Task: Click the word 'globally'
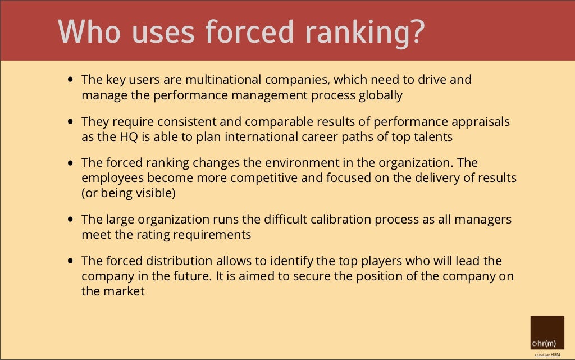(380, 95)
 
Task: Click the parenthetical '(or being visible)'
(129, 193)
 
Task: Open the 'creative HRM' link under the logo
(547, 354)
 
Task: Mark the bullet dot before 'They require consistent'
(70, 121)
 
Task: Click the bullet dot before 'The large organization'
(70, 220)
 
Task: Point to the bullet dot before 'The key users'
(70, 80)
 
